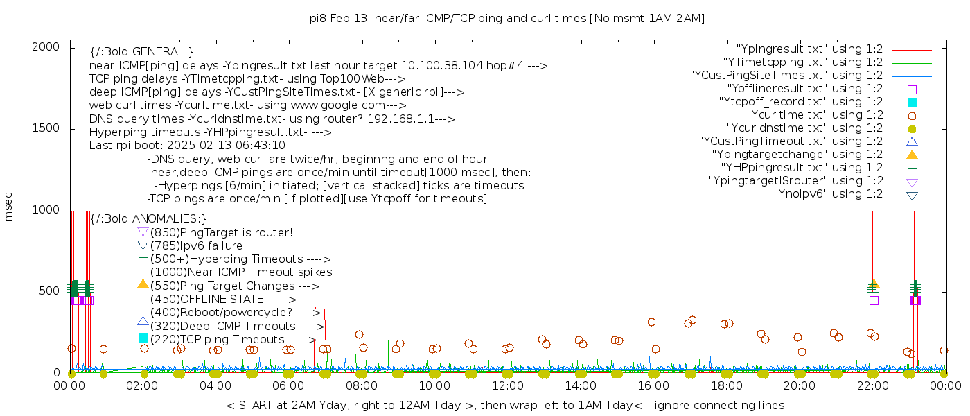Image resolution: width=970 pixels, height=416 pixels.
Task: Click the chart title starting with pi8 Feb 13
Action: tap(507, 19)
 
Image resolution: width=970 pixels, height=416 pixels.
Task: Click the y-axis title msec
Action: tap(9, 207)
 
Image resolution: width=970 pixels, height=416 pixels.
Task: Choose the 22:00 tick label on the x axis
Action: tap(872, 385)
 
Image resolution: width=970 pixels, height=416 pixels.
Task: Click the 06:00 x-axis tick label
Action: tap(288, 385)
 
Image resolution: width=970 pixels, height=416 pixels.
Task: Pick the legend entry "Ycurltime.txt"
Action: tap(814, 115)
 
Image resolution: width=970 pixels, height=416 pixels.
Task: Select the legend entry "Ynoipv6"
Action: tap(828, 194)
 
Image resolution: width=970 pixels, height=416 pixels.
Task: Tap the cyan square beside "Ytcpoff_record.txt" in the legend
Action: tap(912, 103)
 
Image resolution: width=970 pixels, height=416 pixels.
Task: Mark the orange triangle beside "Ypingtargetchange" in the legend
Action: tap(912, 155)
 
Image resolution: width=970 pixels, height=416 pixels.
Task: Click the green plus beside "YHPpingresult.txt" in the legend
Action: tap(912, 168)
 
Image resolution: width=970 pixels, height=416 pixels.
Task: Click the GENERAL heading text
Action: tap(141, 52)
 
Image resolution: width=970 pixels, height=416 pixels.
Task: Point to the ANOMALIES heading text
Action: tap(148, 219)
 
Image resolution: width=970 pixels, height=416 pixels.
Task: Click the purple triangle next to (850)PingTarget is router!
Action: tap(143, 232)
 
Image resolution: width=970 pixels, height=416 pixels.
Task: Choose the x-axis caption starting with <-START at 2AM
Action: tap(507, 405)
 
